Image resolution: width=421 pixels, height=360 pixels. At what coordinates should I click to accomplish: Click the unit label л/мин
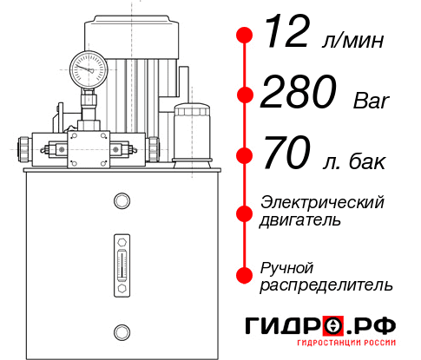point(356,41)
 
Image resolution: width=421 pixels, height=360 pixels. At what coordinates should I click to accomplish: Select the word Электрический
point(322,202)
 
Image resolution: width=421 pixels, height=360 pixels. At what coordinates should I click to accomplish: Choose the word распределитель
point(326,285)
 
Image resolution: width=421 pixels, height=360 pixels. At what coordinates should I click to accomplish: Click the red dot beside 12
point(246,35)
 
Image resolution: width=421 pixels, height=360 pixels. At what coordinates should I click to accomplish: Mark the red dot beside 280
point(246,95)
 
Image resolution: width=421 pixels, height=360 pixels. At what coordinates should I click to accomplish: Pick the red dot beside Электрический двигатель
point(246,212)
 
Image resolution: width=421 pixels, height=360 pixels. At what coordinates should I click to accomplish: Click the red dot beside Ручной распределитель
point(246,274)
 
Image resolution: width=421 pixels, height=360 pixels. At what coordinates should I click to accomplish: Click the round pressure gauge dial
point(89,68)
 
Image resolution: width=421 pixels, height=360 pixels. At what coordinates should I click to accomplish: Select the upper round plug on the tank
point(122,201)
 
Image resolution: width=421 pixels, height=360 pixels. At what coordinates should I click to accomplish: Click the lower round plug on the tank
point(122,330)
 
